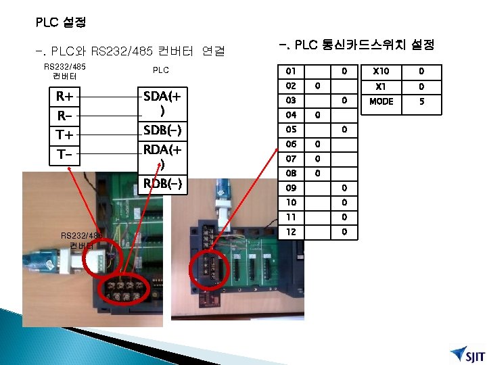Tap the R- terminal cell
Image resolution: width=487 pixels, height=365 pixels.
(65, 116)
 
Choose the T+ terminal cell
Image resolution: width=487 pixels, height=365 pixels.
(66, 136)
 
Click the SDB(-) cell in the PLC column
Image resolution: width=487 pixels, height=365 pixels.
(161, 130)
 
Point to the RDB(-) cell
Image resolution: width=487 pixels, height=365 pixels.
(161, 183)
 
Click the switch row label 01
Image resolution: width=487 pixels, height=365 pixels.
(291, 71)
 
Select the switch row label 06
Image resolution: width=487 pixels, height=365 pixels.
(291, 144)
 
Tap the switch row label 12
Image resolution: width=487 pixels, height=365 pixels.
(291, 232)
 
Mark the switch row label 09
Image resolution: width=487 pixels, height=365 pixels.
(291, 188)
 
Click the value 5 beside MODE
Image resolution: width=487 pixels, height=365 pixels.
(421, 102)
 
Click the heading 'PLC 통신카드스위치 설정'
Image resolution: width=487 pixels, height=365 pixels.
(356, 45)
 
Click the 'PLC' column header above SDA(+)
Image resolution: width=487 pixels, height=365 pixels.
(161, 70)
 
